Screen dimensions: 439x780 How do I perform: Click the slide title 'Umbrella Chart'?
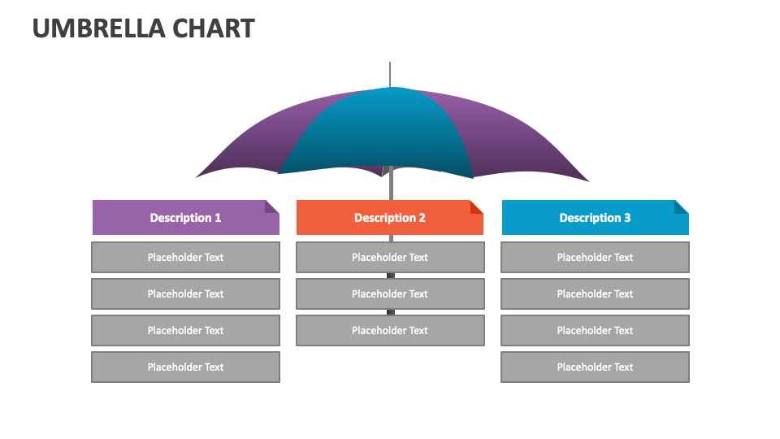point(143,28)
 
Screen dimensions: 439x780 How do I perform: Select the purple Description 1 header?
point(185,218)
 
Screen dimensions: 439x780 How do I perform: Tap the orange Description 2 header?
point(390,218)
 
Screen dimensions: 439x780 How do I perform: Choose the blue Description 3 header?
point(595,218)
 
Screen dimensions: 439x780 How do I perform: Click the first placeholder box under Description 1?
point(185,257)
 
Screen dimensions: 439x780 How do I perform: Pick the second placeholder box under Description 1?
point(185,293)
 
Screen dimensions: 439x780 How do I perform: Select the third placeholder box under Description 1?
point(185,330)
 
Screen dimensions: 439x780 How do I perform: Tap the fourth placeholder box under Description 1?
point(185,367)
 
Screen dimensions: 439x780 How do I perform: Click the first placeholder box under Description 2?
point(390,257)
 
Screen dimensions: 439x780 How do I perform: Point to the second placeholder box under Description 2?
point(390,293)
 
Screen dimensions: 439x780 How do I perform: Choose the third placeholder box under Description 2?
point(390,330)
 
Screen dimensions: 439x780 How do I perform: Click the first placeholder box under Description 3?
point(595,257)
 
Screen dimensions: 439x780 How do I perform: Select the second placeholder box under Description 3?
point(595,293)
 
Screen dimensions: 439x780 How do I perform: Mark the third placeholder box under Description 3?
point(595,330)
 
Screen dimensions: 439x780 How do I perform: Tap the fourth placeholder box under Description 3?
point(595,367)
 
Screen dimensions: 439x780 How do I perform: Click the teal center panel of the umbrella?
point(382,134)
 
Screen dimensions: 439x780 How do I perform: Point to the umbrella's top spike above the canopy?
point(390,73)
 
